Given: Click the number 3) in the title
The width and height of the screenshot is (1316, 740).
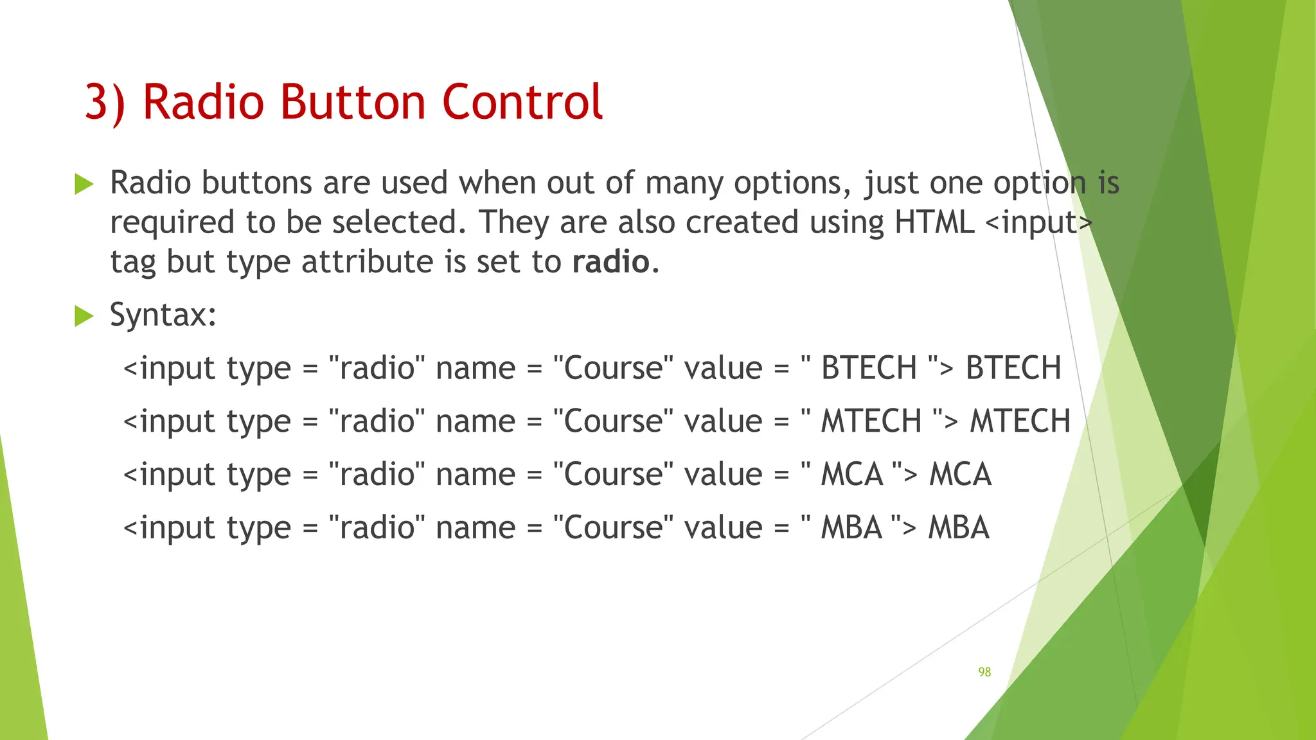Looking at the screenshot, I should pyautogui.click(x=105, y=103).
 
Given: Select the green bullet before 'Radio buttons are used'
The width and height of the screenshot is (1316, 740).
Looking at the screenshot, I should pyautogui.click(x=84, y=184).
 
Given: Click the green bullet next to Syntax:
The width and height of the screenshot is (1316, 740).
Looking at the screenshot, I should pyautogui.click(x=84, y=316).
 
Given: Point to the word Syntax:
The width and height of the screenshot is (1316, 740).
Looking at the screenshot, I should pyautogui.click(x=163, y=315).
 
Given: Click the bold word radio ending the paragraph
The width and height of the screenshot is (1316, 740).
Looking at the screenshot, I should pyautogui.click(x=610, y=262).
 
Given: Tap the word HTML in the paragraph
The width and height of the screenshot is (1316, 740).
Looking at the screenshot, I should pyautogui.click(x=934, y=222).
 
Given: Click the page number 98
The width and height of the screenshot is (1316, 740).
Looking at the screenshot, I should pyautogui.click(x=984, y=672).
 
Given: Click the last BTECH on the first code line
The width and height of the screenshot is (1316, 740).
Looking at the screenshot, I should pyautogui.click(x=1013, y=368).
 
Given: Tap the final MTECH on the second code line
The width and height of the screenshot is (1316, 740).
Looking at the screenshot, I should pyautogui.click(x=1020, y=421).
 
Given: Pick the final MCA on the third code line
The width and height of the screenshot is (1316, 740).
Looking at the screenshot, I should pyautogui.click(x=960, y=475).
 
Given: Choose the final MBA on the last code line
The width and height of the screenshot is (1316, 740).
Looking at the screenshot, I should pyautogui.click(x=958, y=528).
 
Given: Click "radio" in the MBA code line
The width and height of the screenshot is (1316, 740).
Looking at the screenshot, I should pyautogui.click(x=377, y=528).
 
